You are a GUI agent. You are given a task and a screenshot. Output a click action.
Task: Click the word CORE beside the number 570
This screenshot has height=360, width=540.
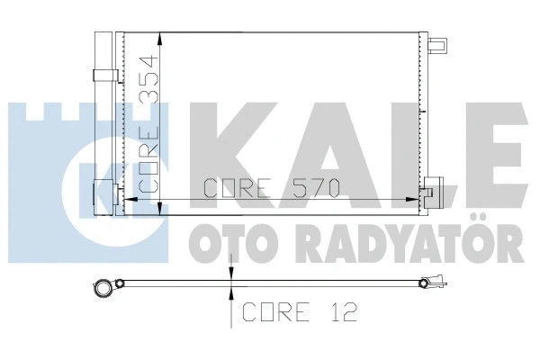click(238, 189)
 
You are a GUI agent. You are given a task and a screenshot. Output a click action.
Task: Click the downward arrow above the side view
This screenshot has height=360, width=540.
click(232, 274)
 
